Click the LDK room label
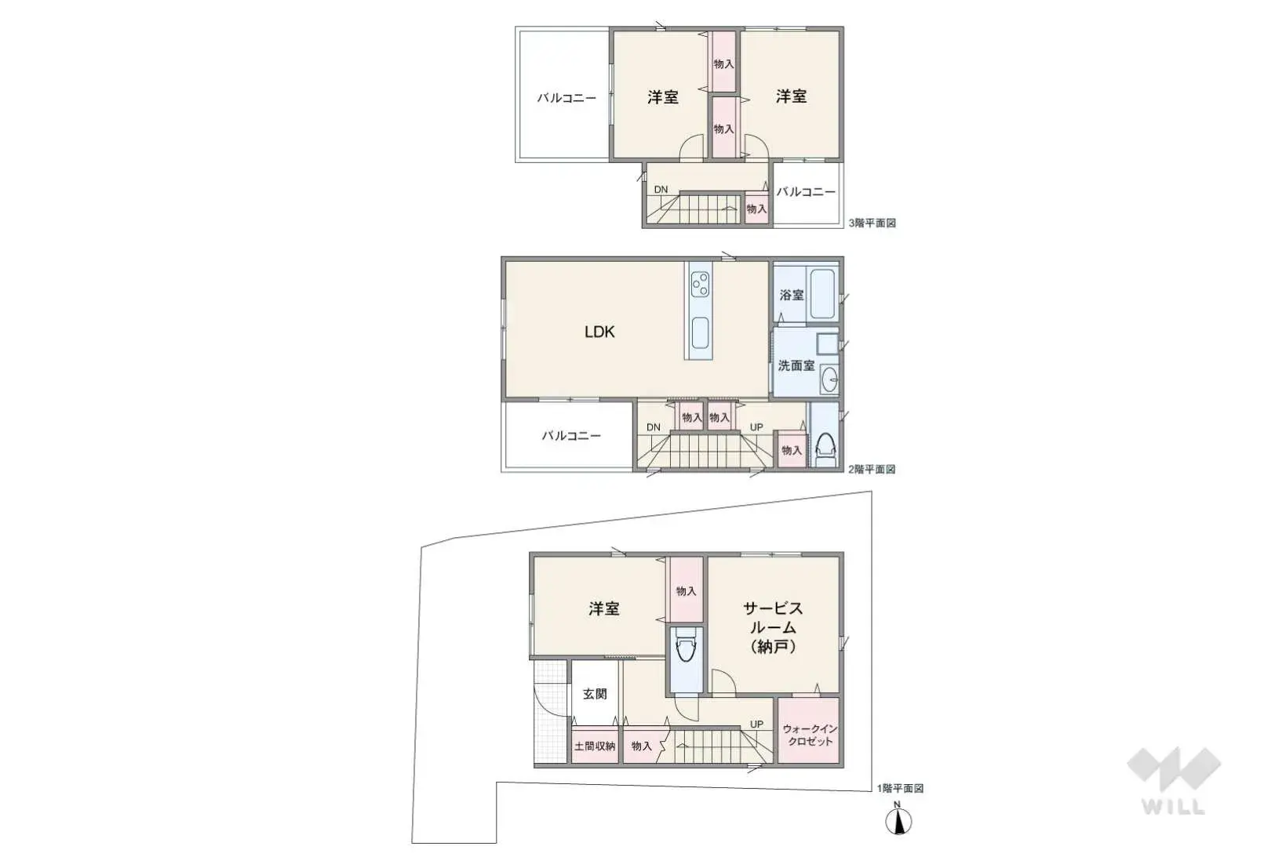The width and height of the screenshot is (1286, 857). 599,332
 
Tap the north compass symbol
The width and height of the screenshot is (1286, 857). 898,820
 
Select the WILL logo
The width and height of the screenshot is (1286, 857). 1173,779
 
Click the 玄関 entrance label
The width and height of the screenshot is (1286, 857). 595,694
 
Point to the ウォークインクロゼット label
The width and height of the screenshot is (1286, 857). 809,735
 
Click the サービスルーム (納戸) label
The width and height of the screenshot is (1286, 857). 773,627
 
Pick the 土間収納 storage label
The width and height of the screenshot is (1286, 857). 594,746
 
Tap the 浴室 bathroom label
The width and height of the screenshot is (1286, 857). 792,295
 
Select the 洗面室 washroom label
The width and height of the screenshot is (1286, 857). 796,365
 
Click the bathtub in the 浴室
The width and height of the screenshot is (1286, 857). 822,292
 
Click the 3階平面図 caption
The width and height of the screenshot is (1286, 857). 872,223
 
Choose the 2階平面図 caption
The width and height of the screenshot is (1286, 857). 871,469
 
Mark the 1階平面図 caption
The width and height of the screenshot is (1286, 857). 899,788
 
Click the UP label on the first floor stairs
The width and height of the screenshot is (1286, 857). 756,724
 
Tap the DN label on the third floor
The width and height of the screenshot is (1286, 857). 661,189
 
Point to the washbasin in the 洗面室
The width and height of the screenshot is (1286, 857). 829,379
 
